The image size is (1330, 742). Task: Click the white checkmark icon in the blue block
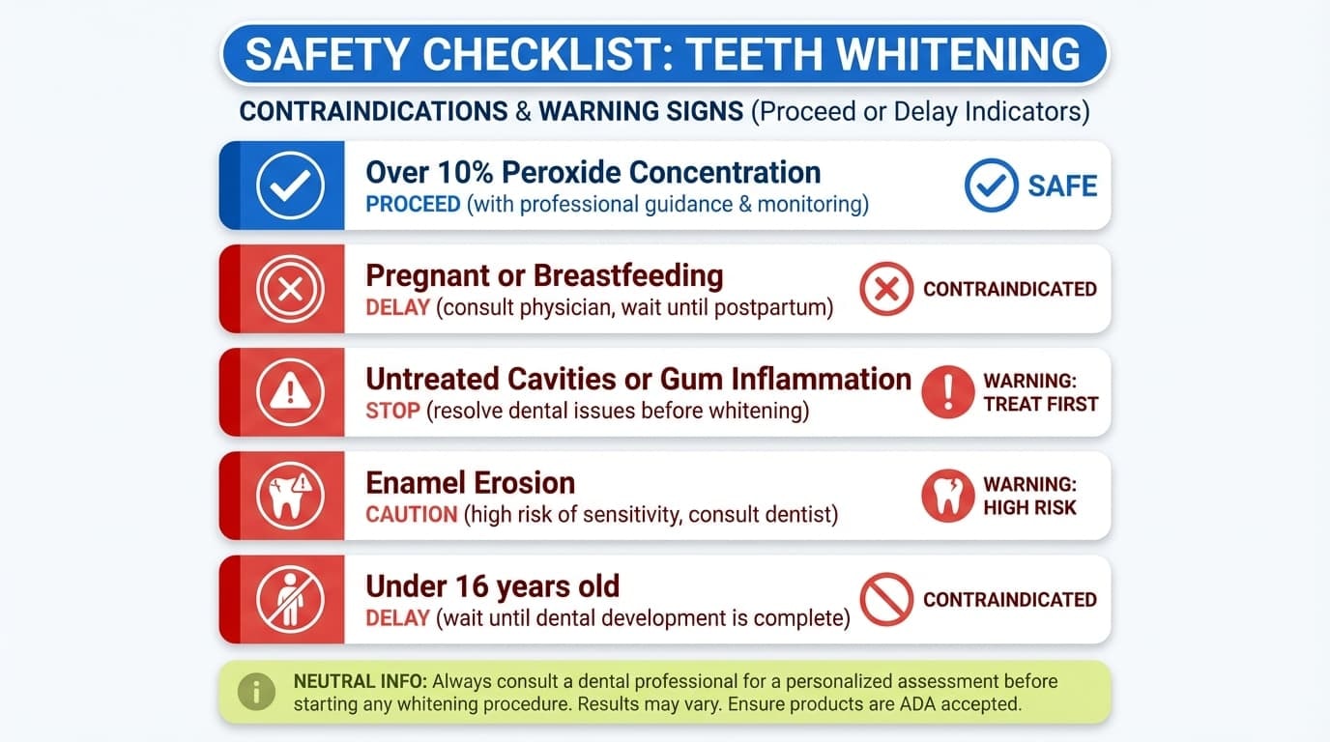290,185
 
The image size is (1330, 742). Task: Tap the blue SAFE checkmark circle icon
991,185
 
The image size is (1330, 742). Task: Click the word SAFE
1062,185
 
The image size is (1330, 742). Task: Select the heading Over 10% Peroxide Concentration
593,172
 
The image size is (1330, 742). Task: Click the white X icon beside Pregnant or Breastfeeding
290,289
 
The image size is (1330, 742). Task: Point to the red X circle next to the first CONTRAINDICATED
886,289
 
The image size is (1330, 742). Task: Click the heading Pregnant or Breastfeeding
544,275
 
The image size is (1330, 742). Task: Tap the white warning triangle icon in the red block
290,392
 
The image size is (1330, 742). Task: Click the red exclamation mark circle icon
947,392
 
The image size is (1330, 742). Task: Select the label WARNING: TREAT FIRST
1040,392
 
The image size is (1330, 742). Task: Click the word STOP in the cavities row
392,411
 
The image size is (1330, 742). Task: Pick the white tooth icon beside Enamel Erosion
290,496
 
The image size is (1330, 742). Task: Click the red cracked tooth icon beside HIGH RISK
947,496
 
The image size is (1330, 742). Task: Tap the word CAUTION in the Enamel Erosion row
411,514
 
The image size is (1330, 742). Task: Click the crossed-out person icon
290,599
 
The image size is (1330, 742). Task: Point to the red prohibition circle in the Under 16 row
886,599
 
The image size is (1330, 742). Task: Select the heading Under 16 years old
492,585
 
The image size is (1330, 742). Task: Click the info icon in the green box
256,692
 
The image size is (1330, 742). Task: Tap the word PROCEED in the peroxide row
413,204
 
